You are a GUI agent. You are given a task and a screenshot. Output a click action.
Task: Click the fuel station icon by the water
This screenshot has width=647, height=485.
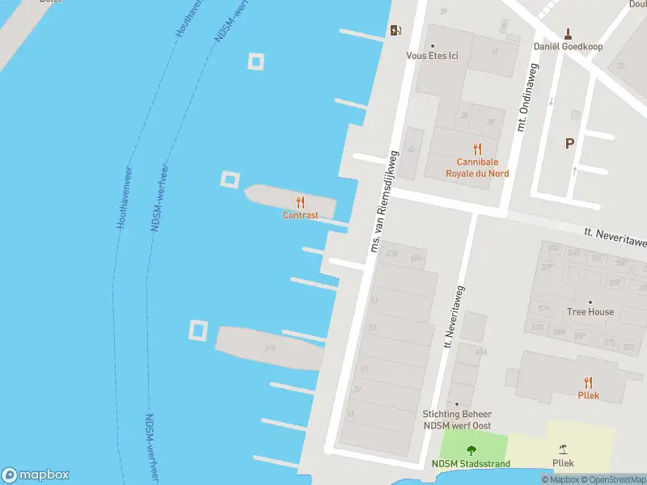click(x=395, y=31)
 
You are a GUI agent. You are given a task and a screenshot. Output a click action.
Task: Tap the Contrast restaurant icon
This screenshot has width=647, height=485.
click(x=300, y=202)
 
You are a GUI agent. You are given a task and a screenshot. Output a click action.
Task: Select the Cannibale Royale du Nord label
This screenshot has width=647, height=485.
click(x=477, y=167)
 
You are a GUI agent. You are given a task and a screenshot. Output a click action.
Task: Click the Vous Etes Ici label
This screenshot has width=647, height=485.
click(x=432, y=56)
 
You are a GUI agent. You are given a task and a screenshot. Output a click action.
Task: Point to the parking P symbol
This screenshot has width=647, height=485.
click(x=569, y=143)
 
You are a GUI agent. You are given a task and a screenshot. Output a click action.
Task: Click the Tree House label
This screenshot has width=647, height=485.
click(x=590, y=312)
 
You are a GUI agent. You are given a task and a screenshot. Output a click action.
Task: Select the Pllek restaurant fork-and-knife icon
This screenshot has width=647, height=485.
click(x=588, y=382)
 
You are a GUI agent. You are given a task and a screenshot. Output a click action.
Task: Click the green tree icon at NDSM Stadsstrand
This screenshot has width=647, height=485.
click(x=471, y=450)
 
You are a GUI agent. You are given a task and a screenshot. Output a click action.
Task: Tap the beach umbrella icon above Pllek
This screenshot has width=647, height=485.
click(x=563, y=449)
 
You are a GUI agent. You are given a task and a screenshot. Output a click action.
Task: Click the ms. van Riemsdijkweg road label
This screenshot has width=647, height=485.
click(x=384, y=200)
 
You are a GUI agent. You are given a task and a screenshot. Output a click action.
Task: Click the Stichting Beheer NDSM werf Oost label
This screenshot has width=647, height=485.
click(x=457, y=420)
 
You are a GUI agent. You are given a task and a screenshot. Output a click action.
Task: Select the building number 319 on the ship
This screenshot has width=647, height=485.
click(x=269, y=349)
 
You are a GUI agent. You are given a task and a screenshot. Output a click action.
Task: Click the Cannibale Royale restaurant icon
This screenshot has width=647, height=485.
click(x=477, y=148)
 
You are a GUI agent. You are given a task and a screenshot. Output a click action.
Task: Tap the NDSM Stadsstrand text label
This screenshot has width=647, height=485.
click(x=470, y=463)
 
